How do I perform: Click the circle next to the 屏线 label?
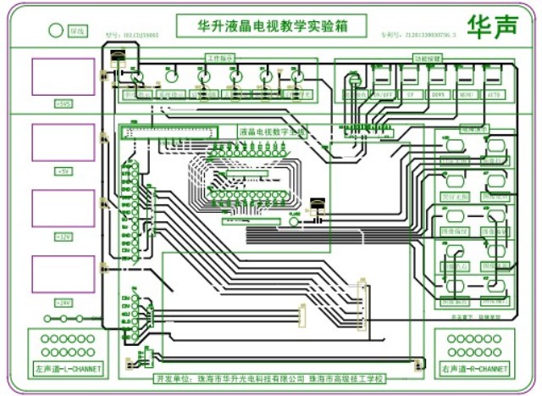pyautogui.click(x=56, y=31)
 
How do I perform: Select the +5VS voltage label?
pyautogui.click(x=64, y=103)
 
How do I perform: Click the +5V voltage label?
pyautogui.click(x=64, y=170)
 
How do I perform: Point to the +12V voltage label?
pyautogui.click(x=64, y=236)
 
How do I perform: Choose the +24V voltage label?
pyautogui.click(x=64, y=302)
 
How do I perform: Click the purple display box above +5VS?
pyautogui.click(x=64, y=76)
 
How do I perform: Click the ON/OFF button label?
pyautogui.click(x=382, y=95)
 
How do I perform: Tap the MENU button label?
pyautogui.click(x=466, y=95)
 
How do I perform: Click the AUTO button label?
pyautogui.click(x=493, y=95)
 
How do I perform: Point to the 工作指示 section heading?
pyautogui.click(x=218, y=58)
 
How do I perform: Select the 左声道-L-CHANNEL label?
pyautogui.click(x=69, y=370)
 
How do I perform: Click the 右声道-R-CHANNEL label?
pyautogui.click(x=475, y=370)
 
